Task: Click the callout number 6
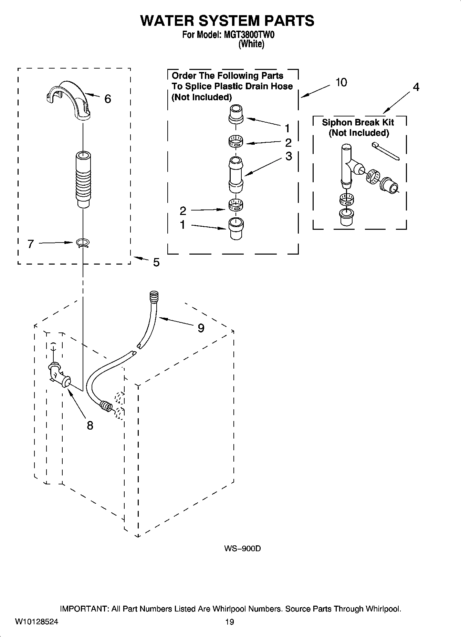pyautogui.click(x=107, y=99)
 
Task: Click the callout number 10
pyautogui.click(x=341, y=83)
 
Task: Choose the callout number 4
pyautogui.click(x=416, y=88)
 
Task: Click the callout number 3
pyautogui.click(x=289, y=156)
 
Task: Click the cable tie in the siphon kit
pyautogui.click(x=386, y=152)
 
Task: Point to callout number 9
pyautogui.click(x=201, y=328)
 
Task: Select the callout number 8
pyautogui.click(x=90, y=426)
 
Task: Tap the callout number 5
pyautogui.click(x=156, y=263)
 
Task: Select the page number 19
pyautogui.click(x=229, y=622)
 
